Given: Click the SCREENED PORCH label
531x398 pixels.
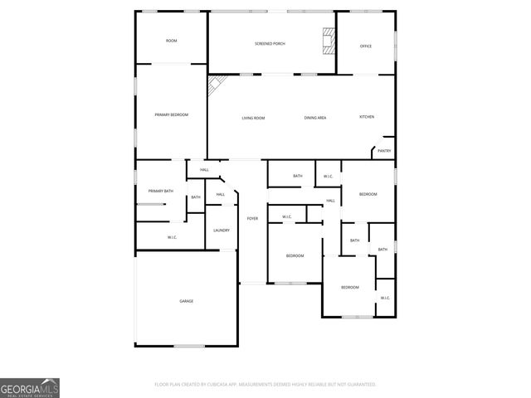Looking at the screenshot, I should tap(270, 43).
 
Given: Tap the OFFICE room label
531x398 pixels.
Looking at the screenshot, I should tap(365, 46).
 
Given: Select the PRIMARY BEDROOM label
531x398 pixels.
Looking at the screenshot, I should tap(171, 114).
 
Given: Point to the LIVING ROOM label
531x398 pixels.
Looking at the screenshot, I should tap(253, 118).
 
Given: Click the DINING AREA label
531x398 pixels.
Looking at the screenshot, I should tap(315, 118).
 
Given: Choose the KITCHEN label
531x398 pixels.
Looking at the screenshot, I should tap(366, 117).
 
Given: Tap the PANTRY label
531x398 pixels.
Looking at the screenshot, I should tap(384, 151).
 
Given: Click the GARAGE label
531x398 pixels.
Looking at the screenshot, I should tap(187, 301).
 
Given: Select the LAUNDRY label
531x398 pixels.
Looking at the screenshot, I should tap(222, 231).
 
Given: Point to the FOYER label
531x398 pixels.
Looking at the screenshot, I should tap(252, 218).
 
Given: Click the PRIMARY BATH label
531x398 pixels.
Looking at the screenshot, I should tap(161, 192).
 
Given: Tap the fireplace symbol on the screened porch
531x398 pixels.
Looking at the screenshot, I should tap(329, 40).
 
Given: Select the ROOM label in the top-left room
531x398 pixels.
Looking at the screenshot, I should tap(171, 41).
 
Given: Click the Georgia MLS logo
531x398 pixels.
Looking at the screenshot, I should tap(30, 387).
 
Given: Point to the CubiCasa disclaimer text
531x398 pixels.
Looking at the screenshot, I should tap(265, 385).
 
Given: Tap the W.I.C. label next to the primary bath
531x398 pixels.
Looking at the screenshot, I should tap(172, 238).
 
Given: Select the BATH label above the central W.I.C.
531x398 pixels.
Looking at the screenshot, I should tap(298, 176).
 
